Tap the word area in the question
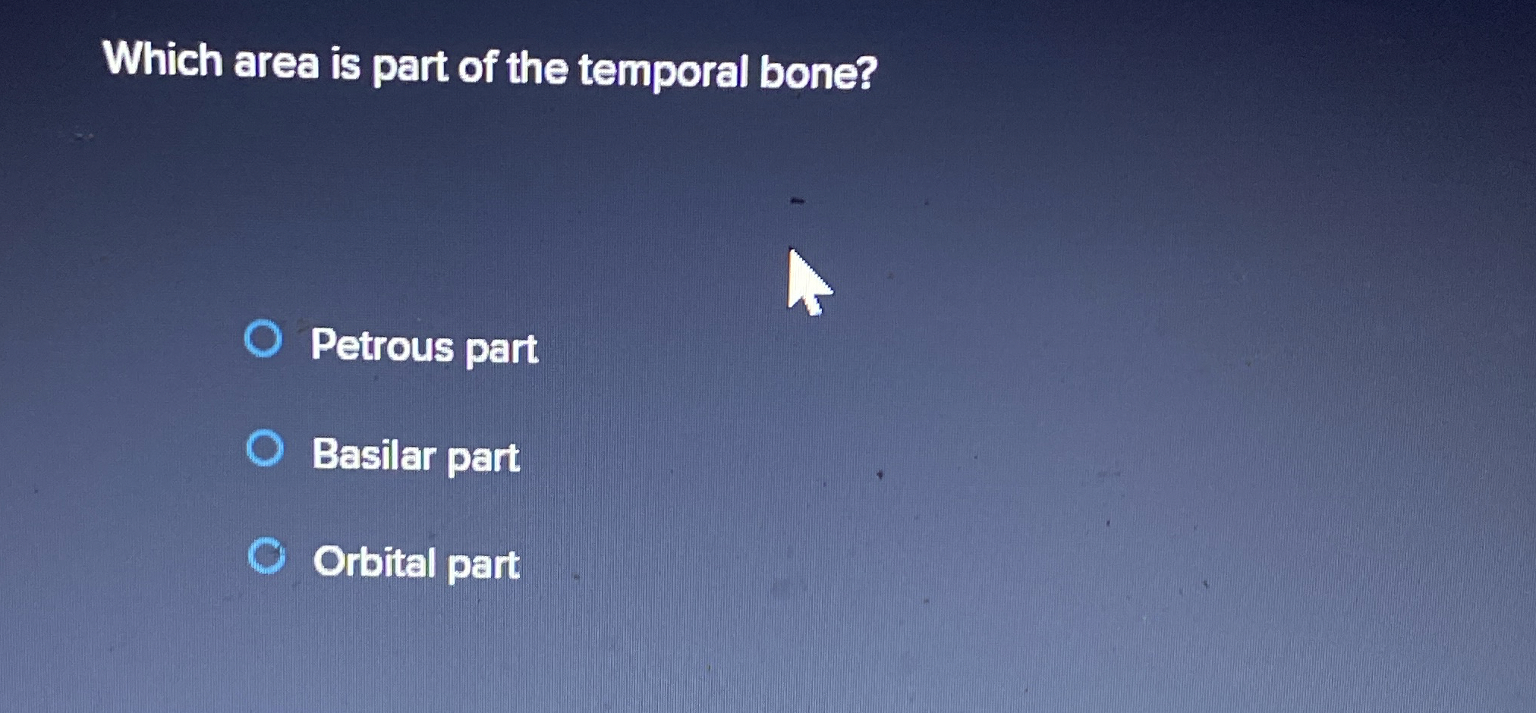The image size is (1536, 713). tap(276, 63)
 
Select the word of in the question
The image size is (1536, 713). tap(477, 68)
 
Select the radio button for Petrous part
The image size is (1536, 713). tap(263, 338)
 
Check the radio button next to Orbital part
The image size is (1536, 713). tap(266, 556)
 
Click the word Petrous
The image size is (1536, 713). tap(382, 345)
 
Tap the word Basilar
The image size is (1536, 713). tap(374, 454)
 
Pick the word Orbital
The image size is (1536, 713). tap(374, 562)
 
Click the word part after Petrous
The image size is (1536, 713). tap(501, 349)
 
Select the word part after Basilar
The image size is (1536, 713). tap(483, 457)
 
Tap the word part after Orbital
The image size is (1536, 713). tap(483, 565)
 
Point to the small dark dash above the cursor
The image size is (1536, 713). tap(796, 201)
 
